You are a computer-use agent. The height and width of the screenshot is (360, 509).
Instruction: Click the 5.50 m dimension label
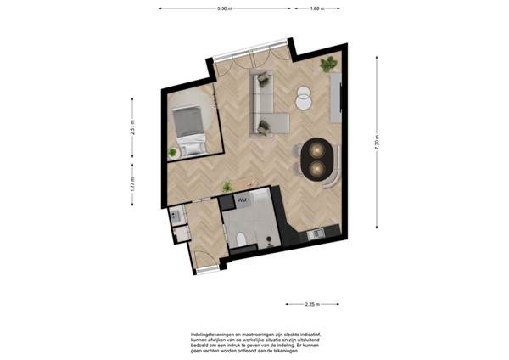[225, 8]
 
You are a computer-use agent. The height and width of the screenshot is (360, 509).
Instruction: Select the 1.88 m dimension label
[318, 8]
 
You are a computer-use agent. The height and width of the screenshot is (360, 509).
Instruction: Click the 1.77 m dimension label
[132, 184]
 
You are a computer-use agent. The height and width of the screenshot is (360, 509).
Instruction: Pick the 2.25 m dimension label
[311, 304]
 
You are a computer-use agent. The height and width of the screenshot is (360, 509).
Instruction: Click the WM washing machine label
[241, 200]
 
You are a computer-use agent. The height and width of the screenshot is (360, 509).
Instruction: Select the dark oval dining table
[318, 157]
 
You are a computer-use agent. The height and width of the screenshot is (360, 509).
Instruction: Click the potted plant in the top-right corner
[327, 65]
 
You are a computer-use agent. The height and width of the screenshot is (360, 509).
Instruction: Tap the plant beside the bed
[174, 152]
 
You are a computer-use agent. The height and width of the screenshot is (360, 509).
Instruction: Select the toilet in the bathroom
[240, 239]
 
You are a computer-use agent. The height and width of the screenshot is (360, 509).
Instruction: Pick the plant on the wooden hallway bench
[227, 186]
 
